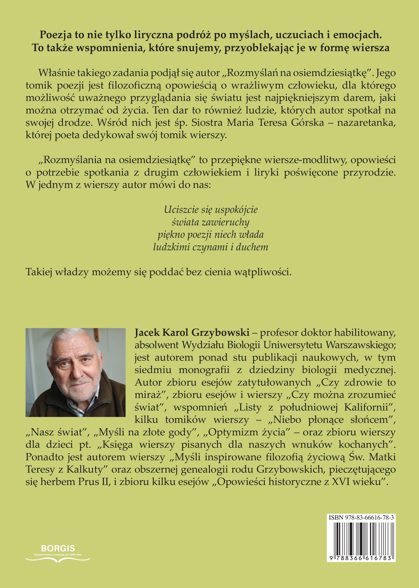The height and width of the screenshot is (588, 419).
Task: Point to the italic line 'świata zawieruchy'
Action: (x=210, y=222)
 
